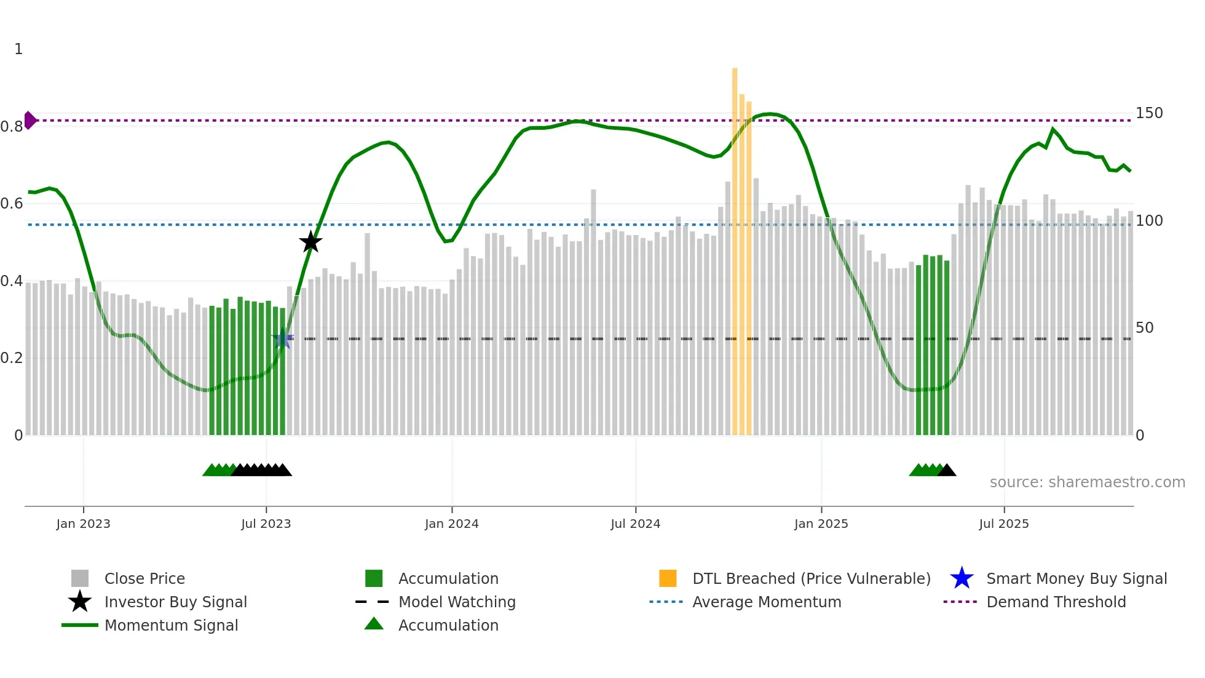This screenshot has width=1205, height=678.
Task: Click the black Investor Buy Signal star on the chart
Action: tap(310, 242)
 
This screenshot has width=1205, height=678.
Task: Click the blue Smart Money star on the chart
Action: tap(283, 338)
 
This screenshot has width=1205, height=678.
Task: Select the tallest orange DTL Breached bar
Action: tap(735, 246)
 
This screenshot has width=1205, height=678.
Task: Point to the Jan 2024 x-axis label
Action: tap(451, 524)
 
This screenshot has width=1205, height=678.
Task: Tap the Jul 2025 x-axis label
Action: tap(1003, 524)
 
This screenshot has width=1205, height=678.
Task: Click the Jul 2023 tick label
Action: tap(266, 524)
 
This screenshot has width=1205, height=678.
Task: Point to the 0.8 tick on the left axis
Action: tap(12, 127)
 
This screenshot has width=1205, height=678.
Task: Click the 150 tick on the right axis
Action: tap(1148, 113)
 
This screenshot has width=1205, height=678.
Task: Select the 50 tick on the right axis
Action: tap(1144, 328)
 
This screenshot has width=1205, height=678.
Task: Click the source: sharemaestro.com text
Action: tap(1087, 482)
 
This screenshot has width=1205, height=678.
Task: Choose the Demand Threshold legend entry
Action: tap(1056, 602)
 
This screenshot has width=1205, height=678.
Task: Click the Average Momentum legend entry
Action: tap(766, 602)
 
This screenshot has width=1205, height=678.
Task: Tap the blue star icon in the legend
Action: tap(962, 578)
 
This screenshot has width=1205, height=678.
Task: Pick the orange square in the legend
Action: tap(668, 578)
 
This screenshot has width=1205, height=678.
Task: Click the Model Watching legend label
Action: tap(457, 602)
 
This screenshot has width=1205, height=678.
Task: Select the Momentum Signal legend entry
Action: tap(171, 625)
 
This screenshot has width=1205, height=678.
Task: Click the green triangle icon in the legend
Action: tap(374, 624)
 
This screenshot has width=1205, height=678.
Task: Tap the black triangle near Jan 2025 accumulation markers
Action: tap(947, 471)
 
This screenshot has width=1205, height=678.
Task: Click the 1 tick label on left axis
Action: tap(18, 49)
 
